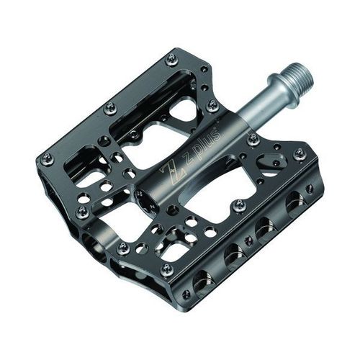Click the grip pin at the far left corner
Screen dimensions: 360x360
pyautogui.click(x=47, y=157)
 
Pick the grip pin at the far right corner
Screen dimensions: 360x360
pyautogui.click(x=300, y=153)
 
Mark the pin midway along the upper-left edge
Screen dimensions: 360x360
pyautogui.click(x=109, y=108)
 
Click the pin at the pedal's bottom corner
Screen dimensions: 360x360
pyautogui.click(x=166, y=269)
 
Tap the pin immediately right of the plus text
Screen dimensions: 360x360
pyautogui.click(x=253, y=139)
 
